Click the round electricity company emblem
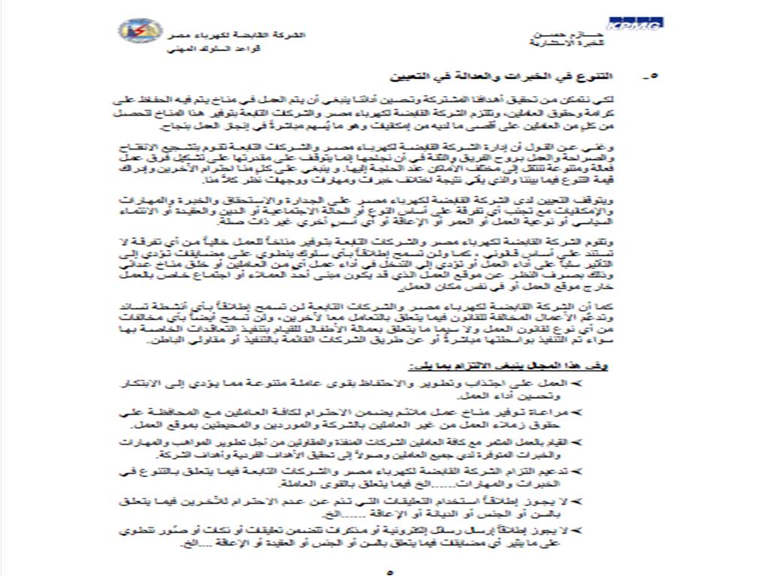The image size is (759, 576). (x=139, y=31)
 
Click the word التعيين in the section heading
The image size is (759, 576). (x=411, y=77)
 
